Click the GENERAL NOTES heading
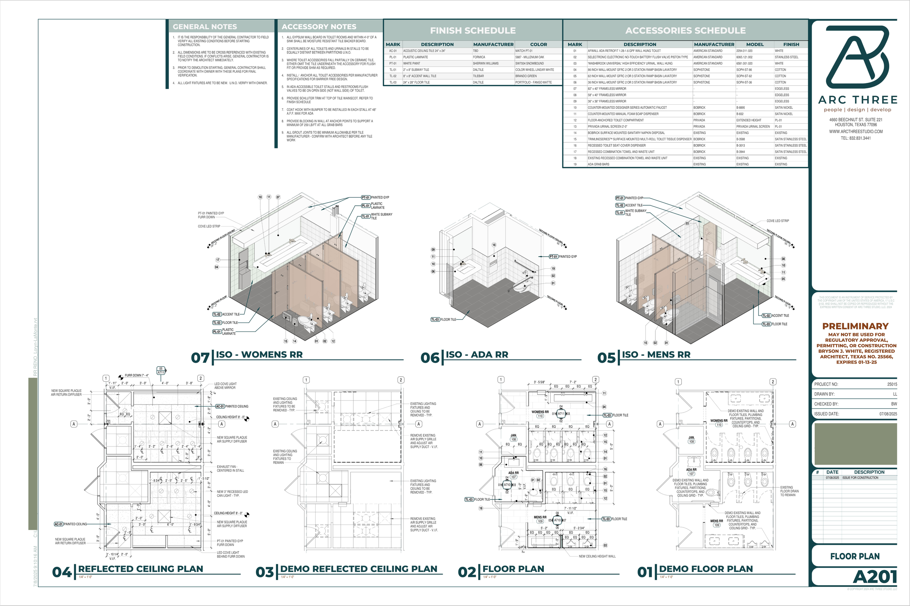tap(205, 27)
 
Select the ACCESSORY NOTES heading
tap(319, 27)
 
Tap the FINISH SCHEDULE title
tap(472, 31)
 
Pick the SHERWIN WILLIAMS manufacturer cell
tap(486, 63)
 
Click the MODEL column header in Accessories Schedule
tap(755, 44)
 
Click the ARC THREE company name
tap(857, 100)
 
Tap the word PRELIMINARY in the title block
tap(855, 326)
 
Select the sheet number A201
tap(875, 577)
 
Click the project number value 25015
tap(892, 384)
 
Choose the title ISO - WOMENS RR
tap(259, 354)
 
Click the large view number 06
tap(430, 358)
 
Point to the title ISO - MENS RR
tap(656, 354)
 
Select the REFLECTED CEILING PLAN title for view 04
tap(141, 569)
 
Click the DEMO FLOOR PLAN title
tap(706, 569)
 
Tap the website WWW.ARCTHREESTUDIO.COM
tap(856, 131)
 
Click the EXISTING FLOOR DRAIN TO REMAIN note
tap(789, 491)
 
